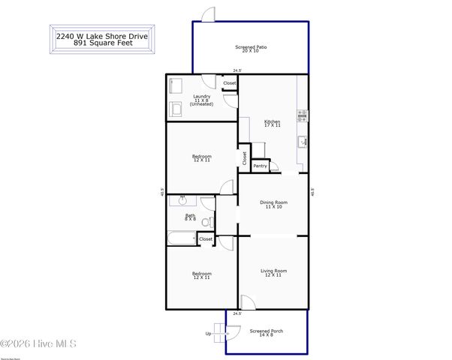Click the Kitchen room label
[272, 123]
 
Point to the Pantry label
[260, 166]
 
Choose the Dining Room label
[273, 203]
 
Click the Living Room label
[273, 272]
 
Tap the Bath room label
[190, 217]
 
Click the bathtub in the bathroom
[181, 238]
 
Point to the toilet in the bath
[208, 220]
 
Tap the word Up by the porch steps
[208, 334]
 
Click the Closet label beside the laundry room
[229, 83]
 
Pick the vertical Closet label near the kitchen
[244, 157]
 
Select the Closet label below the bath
[205, 238]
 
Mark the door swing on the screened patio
[209, 14]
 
